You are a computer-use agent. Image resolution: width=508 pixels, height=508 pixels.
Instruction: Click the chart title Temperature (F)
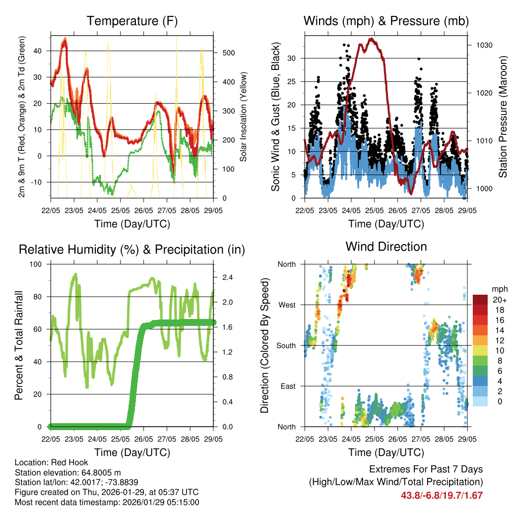click(x=132, y=21)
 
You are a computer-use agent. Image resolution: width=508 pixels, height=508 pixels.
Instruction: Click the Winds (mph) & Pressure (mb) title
click(x=386, y=21)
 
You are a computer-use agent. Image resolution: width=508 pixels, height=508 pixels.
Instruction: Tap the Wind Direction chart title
click(x=386, y=247)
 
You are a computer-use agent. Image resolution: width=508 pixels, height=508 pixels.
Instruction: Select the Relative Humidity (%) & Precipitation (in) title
click(x=132, y=250)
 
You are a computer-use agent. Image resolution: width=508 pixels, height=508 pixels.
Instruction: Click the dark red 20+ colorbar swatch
click(x=480, y=300)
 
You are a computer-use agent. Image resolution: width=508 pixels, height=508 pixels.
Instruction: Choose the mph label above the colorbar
click(x=499, y=289)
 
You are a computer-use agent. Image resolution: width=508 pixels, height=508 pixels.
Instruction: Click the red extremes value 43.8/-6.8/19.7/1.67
click(x=442, y=495)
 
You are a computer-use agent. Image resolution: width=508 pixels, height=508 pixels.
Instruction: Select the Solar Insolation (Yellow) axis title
click(x=244, y=117)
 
